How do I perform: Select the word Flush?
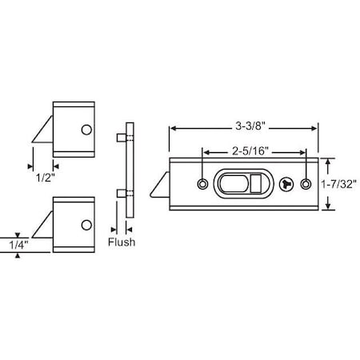coord(122,241)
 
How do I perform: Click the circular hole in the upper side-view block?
coord(86,129)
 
